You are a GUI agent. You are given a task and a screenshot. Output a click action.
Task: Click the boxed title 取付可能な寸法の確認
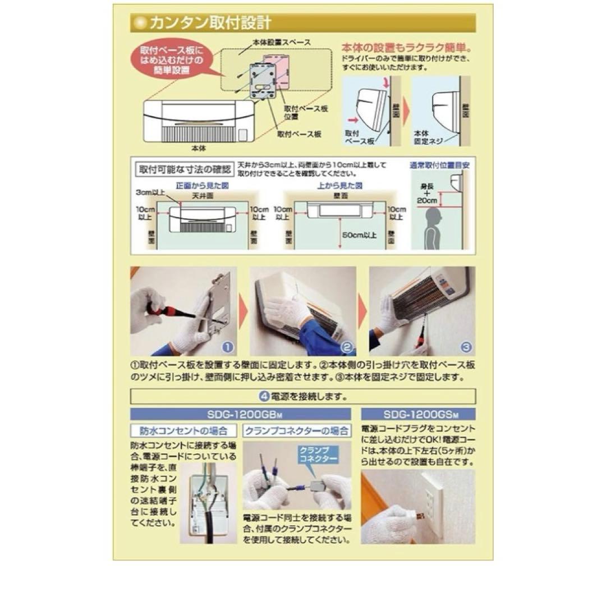tap(183, 169)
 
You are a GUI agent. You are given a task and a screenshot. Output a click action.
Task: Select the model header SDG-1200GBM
tap(241, 414)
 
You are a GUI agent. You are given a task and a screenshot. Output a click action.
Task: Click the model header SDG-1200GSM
tap(418, 414)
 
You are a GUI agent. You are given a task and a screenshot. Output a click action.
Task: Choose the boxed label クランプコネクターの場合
tap(297, 431)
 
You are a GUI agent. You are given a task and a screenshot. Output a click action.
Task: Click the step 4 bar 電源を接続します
tap(303, 396)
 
